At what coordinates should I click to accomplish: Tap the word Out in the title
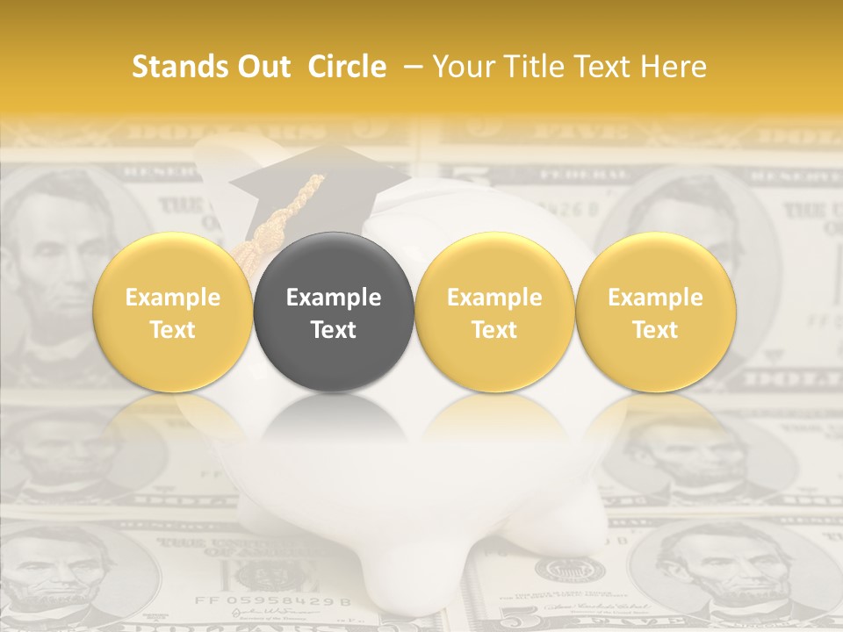tap(262, 67)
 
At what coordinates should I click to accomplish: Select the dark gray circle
tap(334, 312)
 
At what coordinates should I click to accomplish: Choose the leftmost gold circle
tap(173, 312)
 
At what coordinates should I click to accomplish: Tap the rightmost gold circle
tap(656, 312)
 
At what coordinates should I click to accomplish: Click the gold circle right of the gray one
tap(494, 312)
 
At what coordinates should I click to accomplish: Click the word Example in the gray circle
tap(334, 298)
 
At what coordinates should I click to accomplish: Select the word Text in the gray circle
tap(334, 330)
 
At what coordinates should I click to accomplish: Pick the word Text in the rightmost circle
tap(656, 330)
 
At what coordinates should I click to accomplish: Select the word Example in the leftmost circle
tap(173, 298)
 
